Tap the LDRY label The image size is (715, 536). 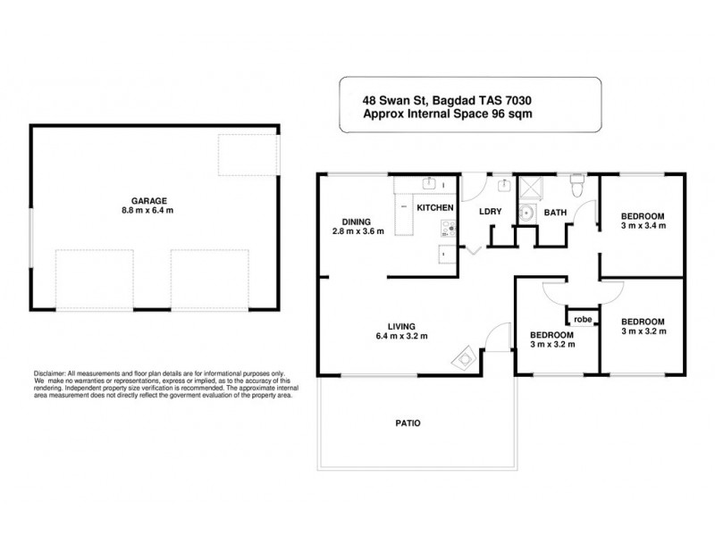coord(490,212)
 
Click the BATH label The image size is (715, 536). coord(556,213)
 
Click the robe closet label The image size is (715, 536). coord(583,319)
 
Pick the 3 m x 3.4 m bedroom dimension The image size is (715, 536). coord(643,226)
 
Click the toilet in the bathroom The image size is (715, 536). coord(578,185)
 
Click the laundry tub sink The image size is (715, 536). coord(503,185)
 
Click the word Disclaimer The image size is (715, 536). coord(51,373)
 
